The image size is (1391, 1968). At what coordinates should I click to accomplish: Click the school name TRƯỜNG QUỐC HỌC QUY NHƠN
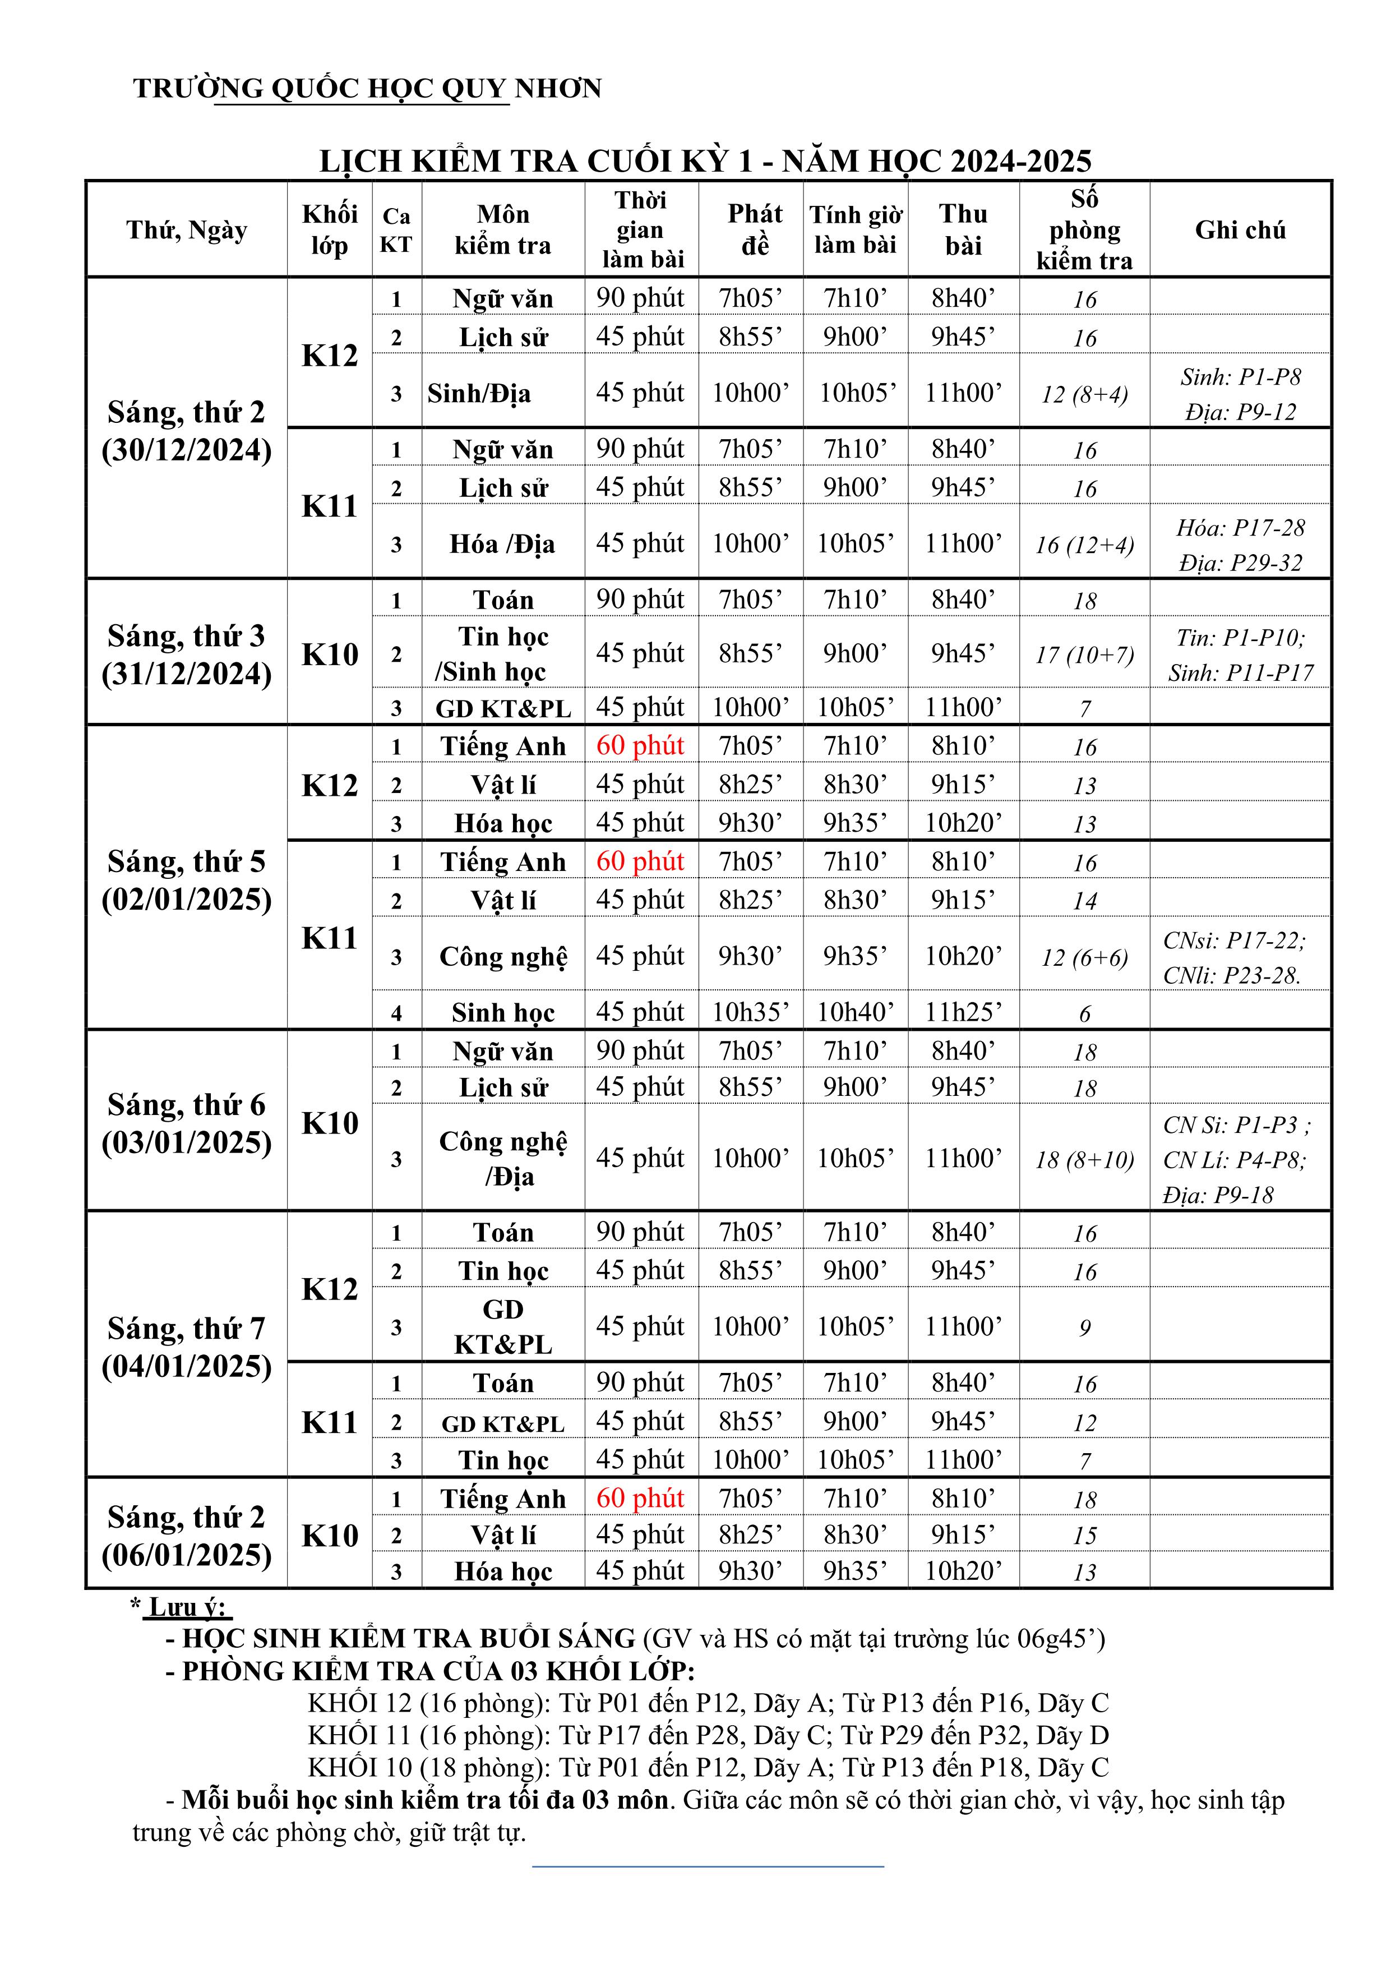click(x=368, y=88)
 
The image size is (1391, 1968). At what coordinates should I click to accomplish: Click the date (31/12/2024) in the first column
click(x=187, y=674)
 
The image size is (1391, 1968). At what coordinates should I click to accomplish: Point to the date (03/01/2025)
click(x=187, y=1142)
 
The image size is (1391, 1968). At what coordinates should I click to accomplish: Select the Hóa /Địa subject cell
click(x=502, y=543)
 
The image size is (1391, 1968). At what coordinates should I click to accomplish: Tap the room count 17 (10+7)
click(x=1084, y=655)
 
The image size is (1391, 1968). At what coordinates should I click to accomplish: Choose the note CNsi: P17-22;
click(x=1233, y=941)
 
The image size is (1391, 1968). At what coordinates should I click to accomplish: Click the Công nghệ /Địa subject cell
click(x=503, y=1158)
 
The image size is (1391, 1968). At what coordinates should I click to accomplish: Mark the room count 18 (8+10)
click(x=1084, y=1160)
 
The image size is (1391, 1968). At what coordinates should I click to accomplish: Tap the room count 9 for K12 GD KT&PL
click(x=1084, y=1328)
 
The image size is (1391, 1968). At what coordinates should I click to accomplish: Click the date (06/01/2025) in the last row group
click(x=187, y=1555)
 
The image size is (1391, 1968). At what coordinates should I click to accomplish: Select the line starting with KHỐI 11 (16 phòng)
click(x=708, y=1735)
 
